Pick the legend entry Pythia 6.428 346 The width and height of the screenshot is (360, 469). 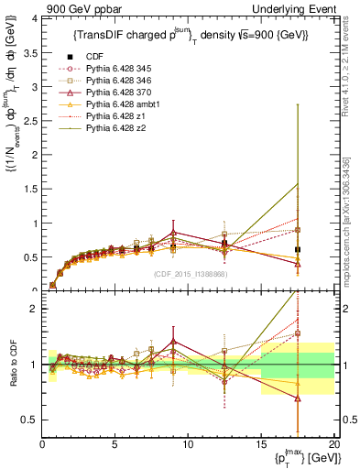129,82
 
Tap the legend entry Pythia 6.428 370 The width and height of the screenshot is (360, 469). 129,94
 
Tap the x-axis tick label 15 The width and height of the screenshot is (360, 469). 260,444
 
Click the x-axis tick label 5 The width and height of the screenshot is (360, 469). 115,444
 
